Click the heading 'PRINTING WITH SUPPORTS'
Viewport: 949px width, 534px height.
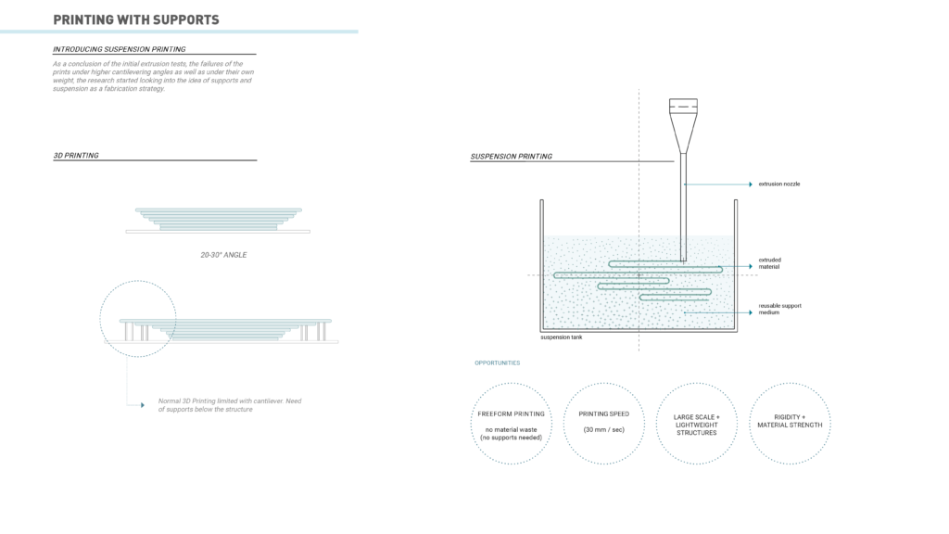tap(136, 19)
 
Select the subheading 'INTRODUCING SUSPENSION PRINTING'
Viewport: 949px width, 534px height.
tap(119, 49)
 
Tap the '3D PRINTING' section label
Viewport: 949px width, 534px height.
tap(76, 156)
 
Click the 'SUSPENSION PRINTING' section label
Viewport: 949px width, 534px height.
tap(511, 157)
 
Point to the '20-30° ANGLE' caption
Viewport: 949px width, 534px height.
tap(223, 254)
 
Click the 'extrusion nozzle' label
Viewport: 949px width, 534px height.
tap(778, 184)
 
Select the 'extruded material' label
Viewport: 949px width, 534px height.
tap(769, 263)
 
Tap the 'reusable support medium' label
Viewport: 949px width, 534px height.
tap(779, 309)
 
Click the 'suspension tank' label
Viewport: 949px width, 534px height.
tap(562, 337)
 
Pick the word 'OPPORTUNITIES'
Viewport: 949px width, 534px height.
tap(497, 362)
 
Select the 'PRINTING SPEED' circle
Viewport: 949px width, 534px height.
tap(603, 423)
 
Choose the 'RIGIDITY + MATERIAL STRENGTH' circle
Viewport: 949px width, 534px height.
tap(789, 423)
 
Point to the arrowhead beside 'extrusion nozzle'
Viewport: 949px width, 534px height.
tap(750, 184)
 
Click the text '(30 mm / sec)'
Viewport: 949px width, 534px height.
tap(603, 429)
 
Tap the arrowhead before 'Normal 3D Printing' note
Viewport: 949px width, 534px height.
tap(141, 405)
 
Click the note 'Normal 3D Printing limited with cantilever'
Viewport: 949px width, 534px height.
tap(229, 404)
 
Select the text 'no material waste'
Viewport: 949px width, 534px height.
tap(511, 429)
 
